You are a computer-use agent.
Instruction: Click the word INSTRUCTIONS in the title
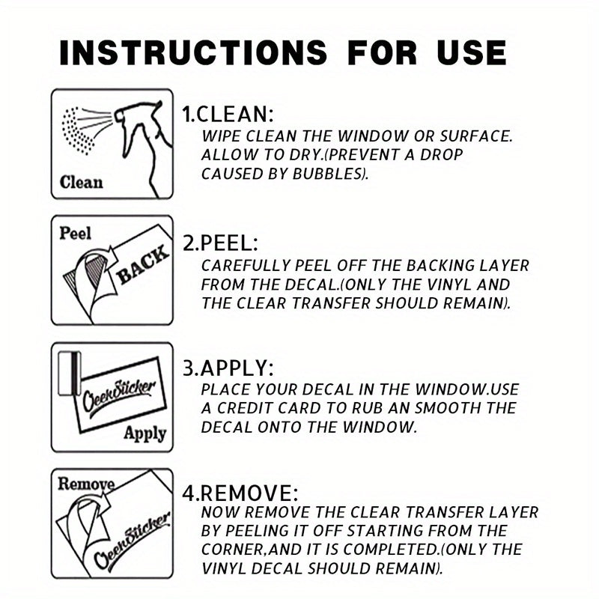click(193, 52)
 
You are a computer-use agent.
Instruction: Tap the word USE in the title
click(472, 52)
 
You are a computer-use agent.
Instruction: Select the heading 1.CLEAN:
click(228, 114)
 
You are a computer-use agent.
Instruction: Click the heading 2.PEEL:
click(220, 243)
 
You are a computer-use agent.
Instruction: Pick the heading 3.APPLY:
click(228, 368)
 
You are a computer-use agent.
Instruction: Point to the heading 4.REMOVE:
click(240, 493)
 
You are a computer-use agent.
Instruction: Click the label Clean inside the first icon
click(82, 182)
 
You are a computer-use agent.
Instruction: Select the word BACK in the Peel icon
click(143, 265)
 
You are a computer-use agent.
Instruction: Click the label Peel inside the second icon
click(76, 233)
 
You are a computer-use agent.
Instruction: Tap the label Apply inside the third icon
click(145, 434)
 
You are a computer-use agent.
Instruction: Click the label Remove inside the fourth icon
click(86, 484)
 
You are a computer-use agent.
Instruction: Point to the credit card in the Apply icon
click(69, 374)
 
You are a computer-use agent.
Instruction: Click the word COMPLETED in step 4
click(391, 550)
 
